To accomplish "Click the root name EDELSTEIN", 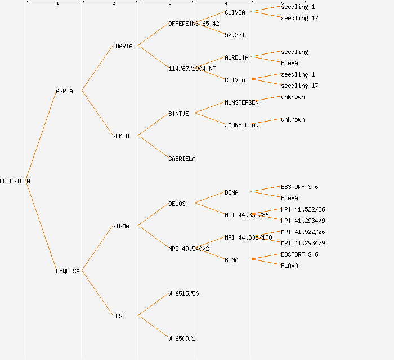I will (x=15, y=181).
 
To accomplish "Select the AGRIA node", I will (x=64, y=91).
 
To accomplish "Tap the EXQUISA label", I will (x=68, y=271).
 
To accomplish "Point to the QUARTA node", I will (x=122, y=46).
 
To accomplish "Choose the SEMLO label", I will (x=120, y=136).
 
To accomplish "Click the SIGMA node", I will (x=120, y=226).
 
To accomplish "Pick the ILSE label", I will (x=119, y=316).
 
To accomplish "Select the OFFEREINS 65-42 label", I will (x=194, y=24).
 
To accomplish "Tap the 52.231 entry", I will (x=235, y=35).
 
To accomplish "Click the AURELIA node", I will (x=236, y=57).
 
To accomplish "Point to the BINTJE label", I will (x=178, y=114).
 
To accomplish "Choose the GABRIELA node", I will (x=182, y=159).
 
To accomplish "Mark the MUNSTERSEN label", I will (x=241, y=102).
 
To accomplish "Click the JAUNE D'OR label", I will (x=241, y=125).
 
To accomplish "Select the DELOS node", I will (x=177, y=204).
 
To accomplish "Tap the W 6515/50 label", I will (x=183, y=294).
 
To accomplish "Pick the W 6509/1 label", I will (x=182, y=339).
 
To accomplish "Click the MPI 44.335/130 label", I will (x=248, y=237).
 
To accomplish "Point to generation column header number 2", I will (x=113, y=4).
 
